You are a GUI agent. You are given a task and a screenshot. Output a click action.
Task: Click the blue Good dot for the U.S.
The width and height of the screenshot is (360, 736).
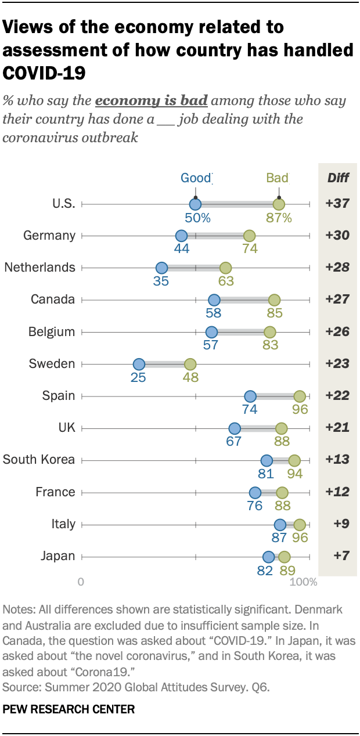pyautogui.click(x=195, y=204)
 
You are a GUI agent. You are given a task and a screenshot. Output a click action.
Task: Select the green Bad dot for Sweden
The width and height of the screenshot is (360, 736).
pyautogui.click(x=190, y=365)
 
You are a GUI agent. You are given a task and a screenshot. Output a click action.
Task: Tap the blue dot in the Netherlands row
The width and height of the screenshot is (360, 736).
pyautogui.click(x=161, y=268)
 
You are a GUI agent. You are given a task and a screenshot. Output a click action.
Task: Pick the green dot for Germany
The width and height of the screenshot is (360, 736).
pyautogui.click(x=249, y=236)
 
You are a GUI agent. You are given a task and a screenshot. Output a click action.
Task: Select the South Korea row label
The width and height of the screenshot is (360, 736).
pyautogui.click(x=39, y=460)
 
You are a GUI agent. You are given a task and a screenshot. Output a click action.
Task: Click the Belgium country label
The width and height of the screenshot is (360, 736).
pyautogui.click(x=52, y=332)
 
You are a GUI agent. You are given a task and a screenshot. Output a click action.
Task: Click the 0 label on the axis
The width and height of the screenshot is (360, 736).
pyautogui.click(x=81, y=582)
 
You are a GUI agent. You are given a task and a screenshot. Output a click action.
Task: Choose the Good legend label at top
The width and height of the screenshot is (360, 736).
pyautogui.click(x=195, y=178)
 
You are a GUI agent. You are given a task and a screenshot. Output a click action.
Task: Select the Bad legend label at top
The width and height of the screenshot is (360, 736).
pyautogui.click(x=277, y=178)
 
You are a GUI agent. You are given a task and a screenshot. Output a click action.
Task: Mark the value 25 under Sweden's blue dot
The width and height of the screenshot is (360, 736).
pyautogui.click(x=138, y=377)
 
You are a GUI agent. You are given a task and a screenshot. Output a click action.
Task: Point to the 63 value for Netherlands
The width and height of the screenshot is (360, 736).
pyautogui.click(x=226, y=281)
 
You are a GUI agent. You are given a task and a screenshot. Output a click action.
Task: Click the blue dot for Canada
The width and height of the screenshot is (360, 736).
pyautogui.click(x=214, y=300)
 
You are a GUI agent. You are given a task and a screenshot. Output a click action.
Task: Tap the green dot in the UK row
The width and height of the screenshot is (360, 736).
pyautogui.click(x=281, y=428)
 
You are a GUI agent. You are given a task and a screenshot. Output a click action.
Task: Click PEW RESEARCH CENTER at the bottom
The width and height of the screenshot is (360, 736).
pyautogui.click(x=69, y=709)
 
